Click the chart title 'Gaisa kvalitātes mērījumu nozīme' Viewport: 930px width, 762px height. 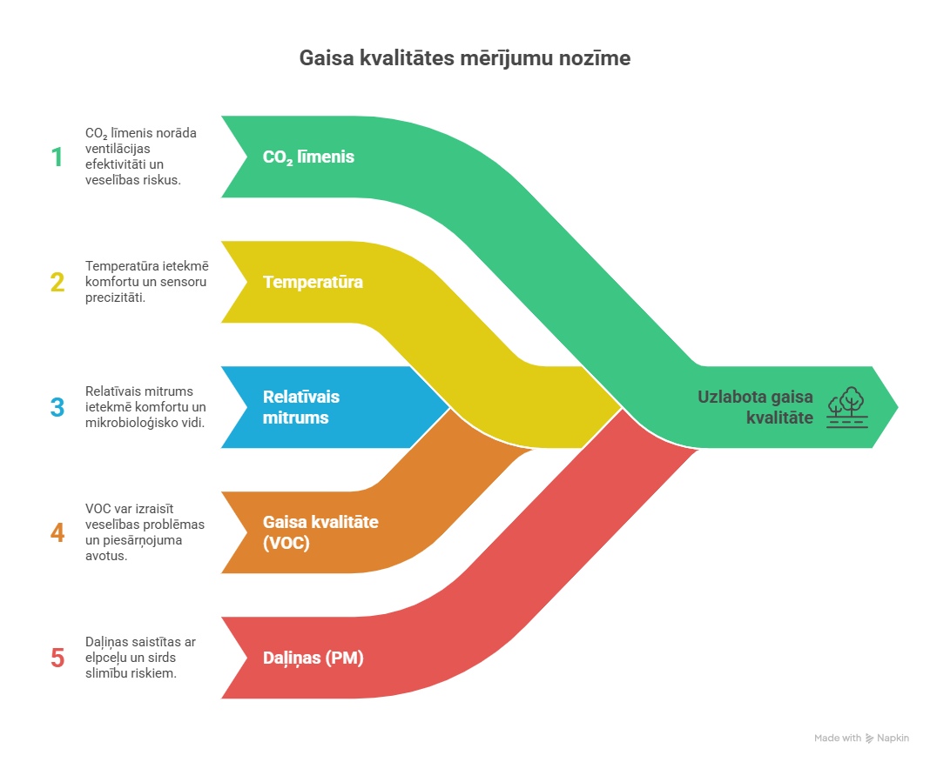point(464,58)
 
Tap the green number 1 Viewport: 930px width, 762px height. point(57,157)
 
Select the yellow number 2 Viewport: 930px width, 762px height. point(57,282)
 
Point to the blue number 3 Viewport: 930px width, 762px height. point(57,407)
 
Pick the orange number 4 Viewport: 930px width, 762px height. point(57,532)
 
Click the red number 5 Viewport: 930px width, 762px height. point(57,658)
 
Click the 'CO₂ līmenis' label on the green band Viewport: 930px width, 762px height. point(308,157)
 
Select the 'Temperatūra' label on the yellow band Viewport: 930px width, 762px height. point(313,282)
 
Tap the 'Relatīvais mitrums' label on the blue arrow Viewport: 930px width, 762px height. point(301,407)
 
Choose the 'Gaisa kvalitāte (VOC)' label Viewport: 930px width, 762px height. point(320,532)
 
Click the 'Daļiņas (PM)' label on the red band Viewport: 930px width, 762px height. point(313,658)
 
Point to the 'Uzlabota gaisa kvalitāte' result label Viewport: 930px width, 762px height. point(755,407)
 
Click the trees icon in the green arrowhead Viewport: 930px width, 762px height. point(847,407)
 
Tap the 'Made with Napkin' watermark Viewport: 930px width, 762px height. point(861,739)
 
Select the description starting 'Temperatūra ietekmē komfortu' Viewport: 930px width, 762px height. point(146,282)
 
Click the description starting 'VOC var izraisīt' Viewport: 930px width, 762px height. point(145,532)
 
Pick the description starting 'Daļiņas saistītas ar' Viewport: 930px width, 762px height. point(140,658)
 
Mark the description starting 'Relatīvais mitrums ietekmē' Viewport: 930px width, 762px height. point(145,407)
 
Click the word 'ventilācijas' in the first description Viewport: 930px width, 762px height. point(118,149)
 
